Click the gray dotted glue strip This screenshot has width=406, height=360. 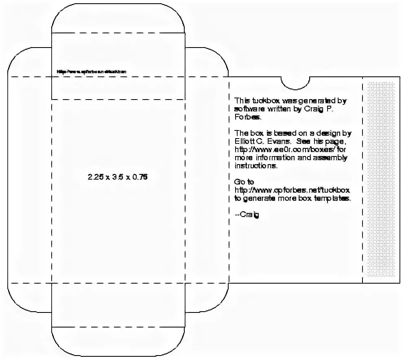click(x=381, y=179)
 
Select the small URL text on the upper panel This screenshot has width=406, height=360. click(x=92, y=72)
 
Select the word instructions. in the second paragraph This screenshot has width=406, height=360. click(x=256, y=166)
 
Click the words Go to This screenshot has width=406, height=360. click(x=244, y=182)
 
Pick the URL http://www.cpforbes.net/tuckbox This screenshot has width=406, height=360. click(x=292, y=190)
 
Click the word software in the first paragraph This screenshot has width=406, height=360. click(x=249, y=109)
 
